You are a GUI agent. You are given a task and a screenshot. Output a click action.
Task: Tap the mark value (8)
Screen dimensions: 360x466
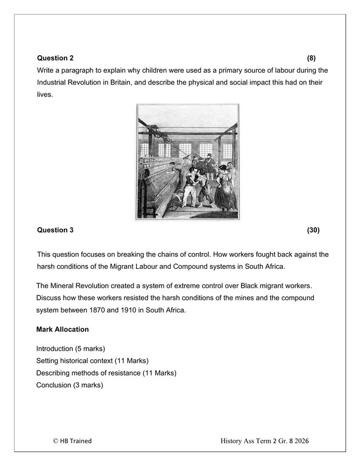click(311, 58)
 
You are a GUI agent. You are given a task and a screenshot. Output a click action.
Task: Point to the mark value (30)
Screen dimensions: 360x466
click(313, 230)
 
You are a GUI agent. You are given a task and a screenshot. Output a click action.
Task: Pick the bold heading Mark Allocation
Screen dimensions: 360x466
click(63, 329)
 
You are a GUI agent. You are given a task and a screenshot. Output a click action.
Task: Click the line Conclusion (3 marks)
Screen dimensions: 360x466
click(69, 385)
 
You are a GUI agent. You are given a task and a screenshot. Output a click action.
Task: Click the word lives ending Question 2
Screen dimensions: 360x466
click(44, 95)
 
